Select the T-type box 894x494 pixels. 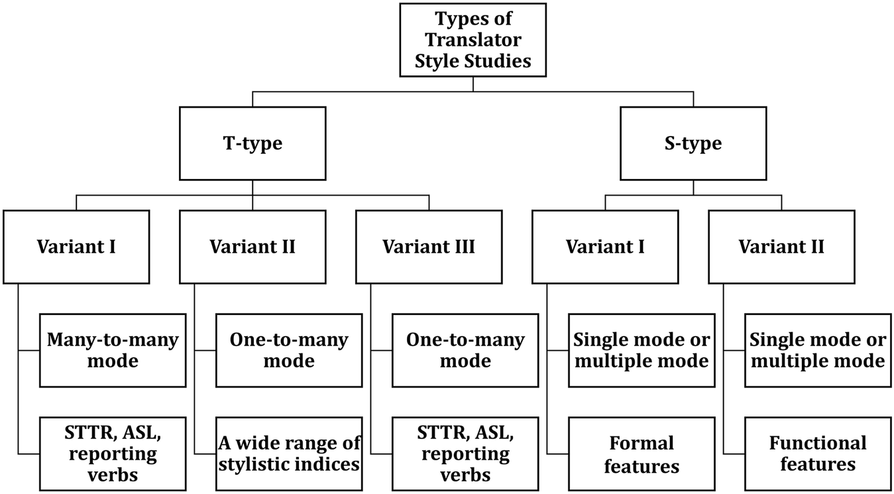[x=252, y=143]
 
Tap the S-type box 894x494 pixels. [x=693, y=143]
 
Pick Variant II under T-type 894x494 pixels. [x=252, y=247]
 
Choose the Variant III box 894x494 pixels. [x=429, y=247]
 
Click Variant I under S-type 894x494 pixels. [x=605, y=247]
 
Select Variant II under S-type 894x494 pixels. [x=781, y=247]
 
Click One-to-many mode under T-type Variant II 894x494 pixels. [x=289, y=351]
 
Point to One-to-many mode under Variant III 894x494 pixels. [x=465, y=351]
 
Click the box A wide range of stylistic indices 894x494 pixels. [x=289, y=454]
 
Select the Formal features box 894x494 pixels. [x=642, y=454]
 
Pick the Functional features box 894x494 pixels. [x=818, y=454]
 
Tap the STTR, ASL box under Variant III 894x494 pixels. [x=465, y=454]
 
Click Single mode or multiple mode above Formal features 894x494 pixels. [x=642, y=351]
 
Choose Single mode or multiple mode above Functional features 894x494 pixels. [x=818, y=351]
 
